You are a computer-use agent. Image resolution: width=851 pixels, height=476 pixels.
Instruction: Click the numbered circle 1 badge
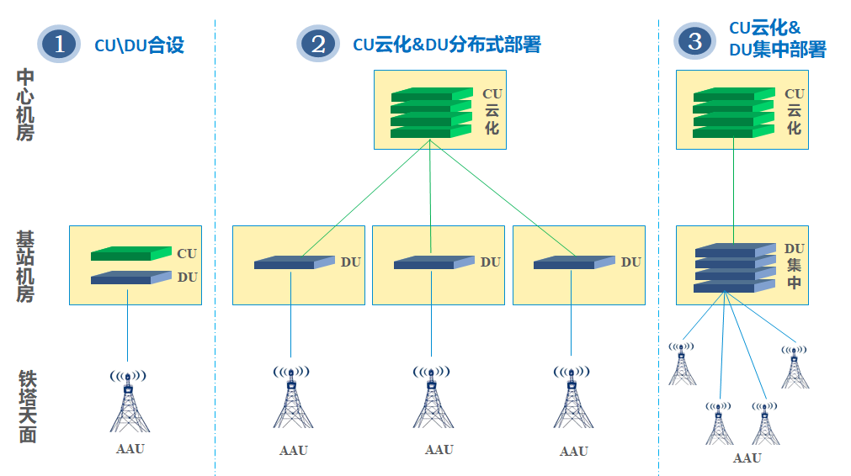pos(58,45)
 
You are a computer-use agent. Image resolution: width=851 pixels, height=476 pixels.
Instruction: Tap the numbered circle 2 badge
pos(317,44)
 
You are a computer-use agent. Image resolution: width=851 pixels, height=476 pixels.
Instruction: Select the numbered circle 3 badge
pos(694,41)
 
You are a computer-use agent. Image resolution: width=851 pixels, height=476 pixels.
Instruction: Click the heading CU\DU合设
pos(139,45)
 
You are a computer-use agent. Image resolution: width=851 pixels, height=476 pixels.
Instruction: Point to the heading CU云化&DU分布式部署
pos(446,45)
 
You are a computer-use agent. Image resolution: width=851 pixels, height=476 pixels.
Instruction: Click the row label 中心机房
pos(25,105)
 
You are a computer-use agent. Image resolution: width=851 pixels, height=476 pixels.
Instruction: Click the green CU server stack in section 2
pos(431,113)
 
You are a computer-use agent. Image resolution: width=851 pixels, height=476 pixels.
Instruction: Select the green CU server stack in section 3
pos(732,113)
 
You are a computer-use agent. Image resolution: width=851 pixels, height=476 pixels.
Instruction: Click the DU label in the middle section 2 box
pos(491,262)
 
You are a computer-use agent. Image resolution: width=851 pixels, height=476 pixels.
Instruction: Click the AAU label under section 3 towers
pos(747,458)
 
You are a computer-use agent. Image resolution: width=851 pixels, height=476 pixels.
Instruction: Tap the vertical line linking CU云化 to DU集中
pos(733,187)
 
